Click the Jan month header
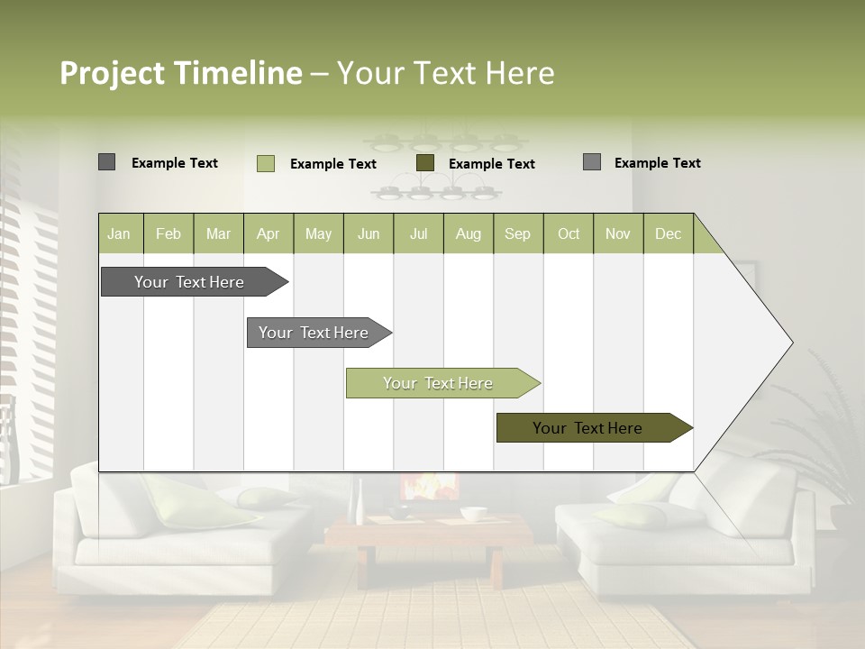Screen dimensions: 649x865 point(119,233)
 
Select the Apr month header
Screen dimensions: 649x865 point(269,233)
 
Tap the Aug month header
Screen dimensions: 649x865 point(469,233)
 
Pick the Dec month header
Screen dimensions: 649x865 point(669,233)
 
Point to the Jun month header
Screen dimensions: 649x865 point(369,233)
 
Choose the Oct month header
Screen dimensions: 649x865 point(569,233)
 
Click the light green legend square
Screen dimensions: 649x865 point(266,163)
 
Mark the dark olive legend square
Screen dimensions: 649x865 point(425,162)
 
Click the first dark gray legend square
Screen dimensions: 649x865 point(107,162)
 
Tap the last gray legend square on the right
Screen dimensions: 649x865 point(592,162)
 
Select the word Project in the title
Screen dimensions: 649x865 point(112,73)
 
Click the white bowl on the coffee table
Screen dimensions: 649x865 point(473,514)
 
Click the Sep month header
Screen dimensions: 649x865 point(518,233)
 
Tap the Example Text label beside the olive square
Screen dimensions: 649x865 point(492,163)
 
